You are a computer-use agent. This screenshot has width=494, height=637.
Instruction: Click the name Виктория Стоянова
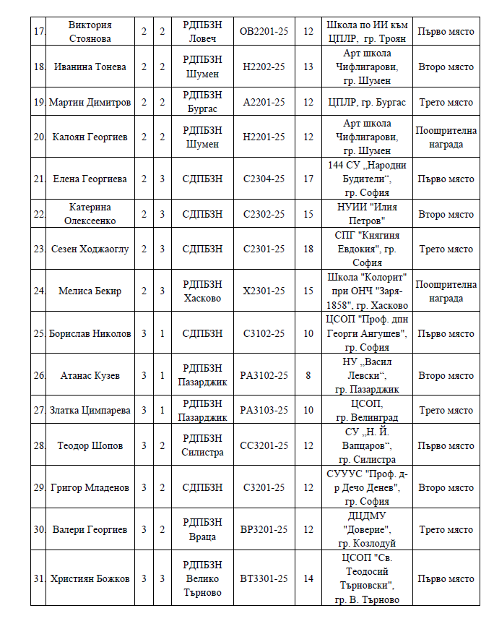90,32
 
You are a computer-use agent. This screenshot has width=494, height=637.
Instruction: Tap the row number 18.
39,67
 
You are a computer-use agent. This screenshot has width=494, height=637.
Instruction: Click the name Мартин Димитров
90,102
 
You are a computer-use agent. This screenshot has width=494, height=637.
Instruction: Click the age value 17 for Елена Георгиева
308,179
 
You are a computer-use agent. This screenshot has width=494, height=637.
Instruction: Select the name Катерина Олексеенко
90,214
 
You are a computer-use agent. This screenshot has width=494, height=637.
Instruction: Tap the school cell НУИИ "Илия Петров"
367,214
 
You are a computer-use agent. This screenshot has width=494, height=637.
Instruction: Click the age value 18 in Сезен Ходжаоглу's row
308,249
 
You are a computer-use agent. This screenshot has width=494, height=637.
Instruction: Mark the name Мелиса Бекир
90,291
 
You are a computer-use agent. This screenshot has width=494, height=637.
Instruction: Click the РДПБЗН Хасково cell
203,291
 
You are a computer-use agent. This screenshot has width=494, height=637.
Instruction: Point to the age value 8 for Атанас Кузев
308,375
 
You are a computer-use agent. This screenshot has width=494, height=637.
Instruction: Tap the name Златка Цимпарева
90,410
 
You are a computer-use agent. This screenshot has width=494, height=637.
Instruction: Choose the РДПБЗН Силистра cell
203,445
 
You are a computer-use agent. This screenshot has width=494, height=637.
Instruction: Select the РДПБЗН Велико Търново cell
203,578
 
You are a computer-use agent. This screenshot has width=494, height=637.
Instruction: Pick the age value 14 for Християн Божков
308,578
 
